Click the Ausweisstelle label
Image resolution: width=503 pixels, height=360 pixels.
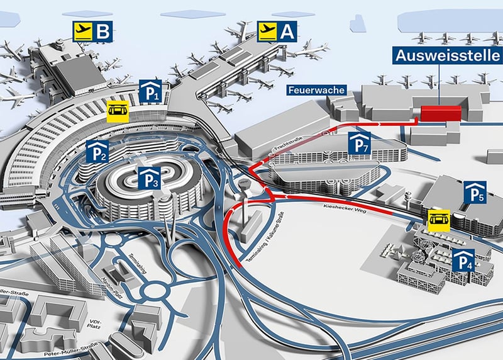(x=448, y=55)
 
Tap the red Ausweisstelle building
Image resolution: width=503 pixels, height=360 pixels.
(x=441, y=113)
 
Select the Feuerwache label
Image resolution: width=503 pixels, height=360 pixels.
(x=317, y=91)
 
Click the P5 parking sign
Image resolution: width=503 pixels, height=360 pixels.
(x=473, y=191)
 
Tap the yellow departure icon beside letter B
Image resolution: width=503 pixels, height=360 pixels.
(x=83, y=31)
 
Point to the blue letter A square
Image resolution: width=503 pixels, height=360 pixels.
(x=288, y=31)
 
